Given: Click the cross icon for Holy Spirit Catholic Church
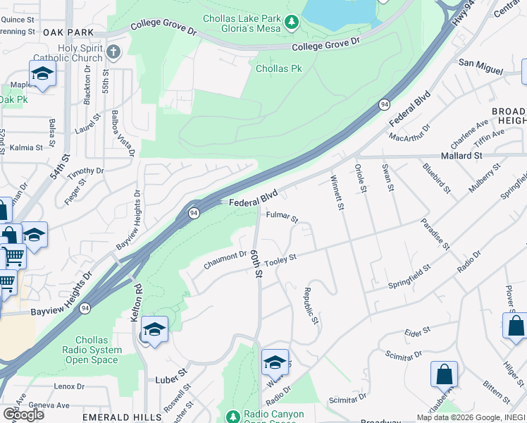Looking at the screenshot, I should [114, 51].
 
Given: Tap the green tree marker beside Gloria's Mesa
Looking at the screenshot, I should [292, 25].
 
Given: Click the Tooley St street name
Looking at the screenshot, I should [280, 259].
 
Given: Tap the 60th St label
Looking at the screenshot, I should [259, 262].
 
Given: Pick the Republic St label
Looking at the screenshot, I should [311, 305].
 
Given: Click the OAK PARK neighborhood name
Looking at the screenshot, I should [68, 32].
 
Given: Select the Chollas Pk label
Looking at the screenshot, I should [279, 68].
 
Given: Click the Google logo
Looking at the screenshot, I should [23, 414].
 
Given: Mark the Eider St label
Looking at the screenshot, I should [417, 330].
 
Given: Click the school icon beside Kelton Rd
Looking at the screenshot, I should [155, 329].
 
